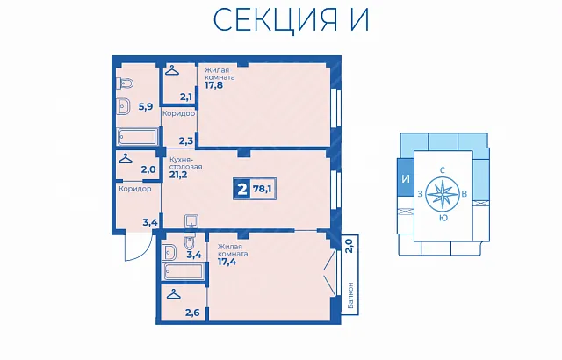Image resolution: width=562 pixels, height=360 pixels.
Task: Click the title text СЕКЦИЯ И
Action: (x=291, y=19)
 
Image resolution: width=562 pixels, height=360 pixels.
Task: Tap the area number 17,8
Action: (x=214, y=85)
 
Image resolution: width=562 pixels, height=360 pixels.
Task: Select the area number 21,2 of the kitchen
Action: (x=178, y=175)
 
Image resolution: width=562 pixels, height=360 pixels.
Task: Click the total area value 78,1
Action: (x=262, y=189)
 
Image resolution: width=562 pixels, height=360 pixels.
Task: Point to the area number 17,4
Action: (x=227, y=262)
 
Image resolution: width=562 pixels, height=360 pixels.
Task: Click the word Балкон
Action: (x=350, y=295)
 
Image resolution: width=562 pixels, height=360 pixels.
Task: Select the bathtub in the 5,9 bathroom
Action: (x=138, y=137)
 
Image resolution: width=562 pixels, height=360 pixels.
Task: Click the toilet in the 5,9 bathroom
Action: (x=125, y=83)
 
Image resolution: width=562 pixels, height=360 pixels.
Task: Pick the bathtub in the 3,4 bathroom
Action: (x=183, y=271)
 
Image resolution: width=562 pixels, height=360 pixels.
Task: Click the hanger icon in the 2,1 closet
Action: (x=172, y=70)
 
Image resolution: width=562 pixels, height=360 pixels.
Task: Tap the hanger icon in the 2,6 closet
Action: (x=174, y=294)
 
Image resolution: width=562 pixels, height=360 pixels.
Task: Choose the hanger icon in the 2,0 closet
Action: (x=125, y=158)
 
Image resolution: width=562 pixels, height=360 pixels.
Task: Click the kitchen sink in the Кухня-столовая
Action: (x=191, y=221)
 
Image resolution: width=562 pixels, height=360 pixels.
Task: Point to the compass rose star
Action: (x=443, y=194)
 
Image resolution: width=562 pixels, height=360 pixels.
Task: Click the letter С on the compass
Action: (x=443, y=170)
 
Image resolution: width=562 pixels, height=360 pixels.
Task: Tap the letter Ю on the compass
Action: (x=443, y=218)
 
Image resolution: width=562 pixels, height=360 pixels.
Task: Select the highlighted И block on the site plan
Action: (x=406, y=177)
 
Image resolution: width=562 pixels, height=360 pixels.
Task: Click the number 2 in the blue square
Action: (x=242, y=189)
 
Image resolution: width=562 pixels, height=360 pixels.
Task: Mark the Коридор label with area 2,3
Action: (x=178, y=113)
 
